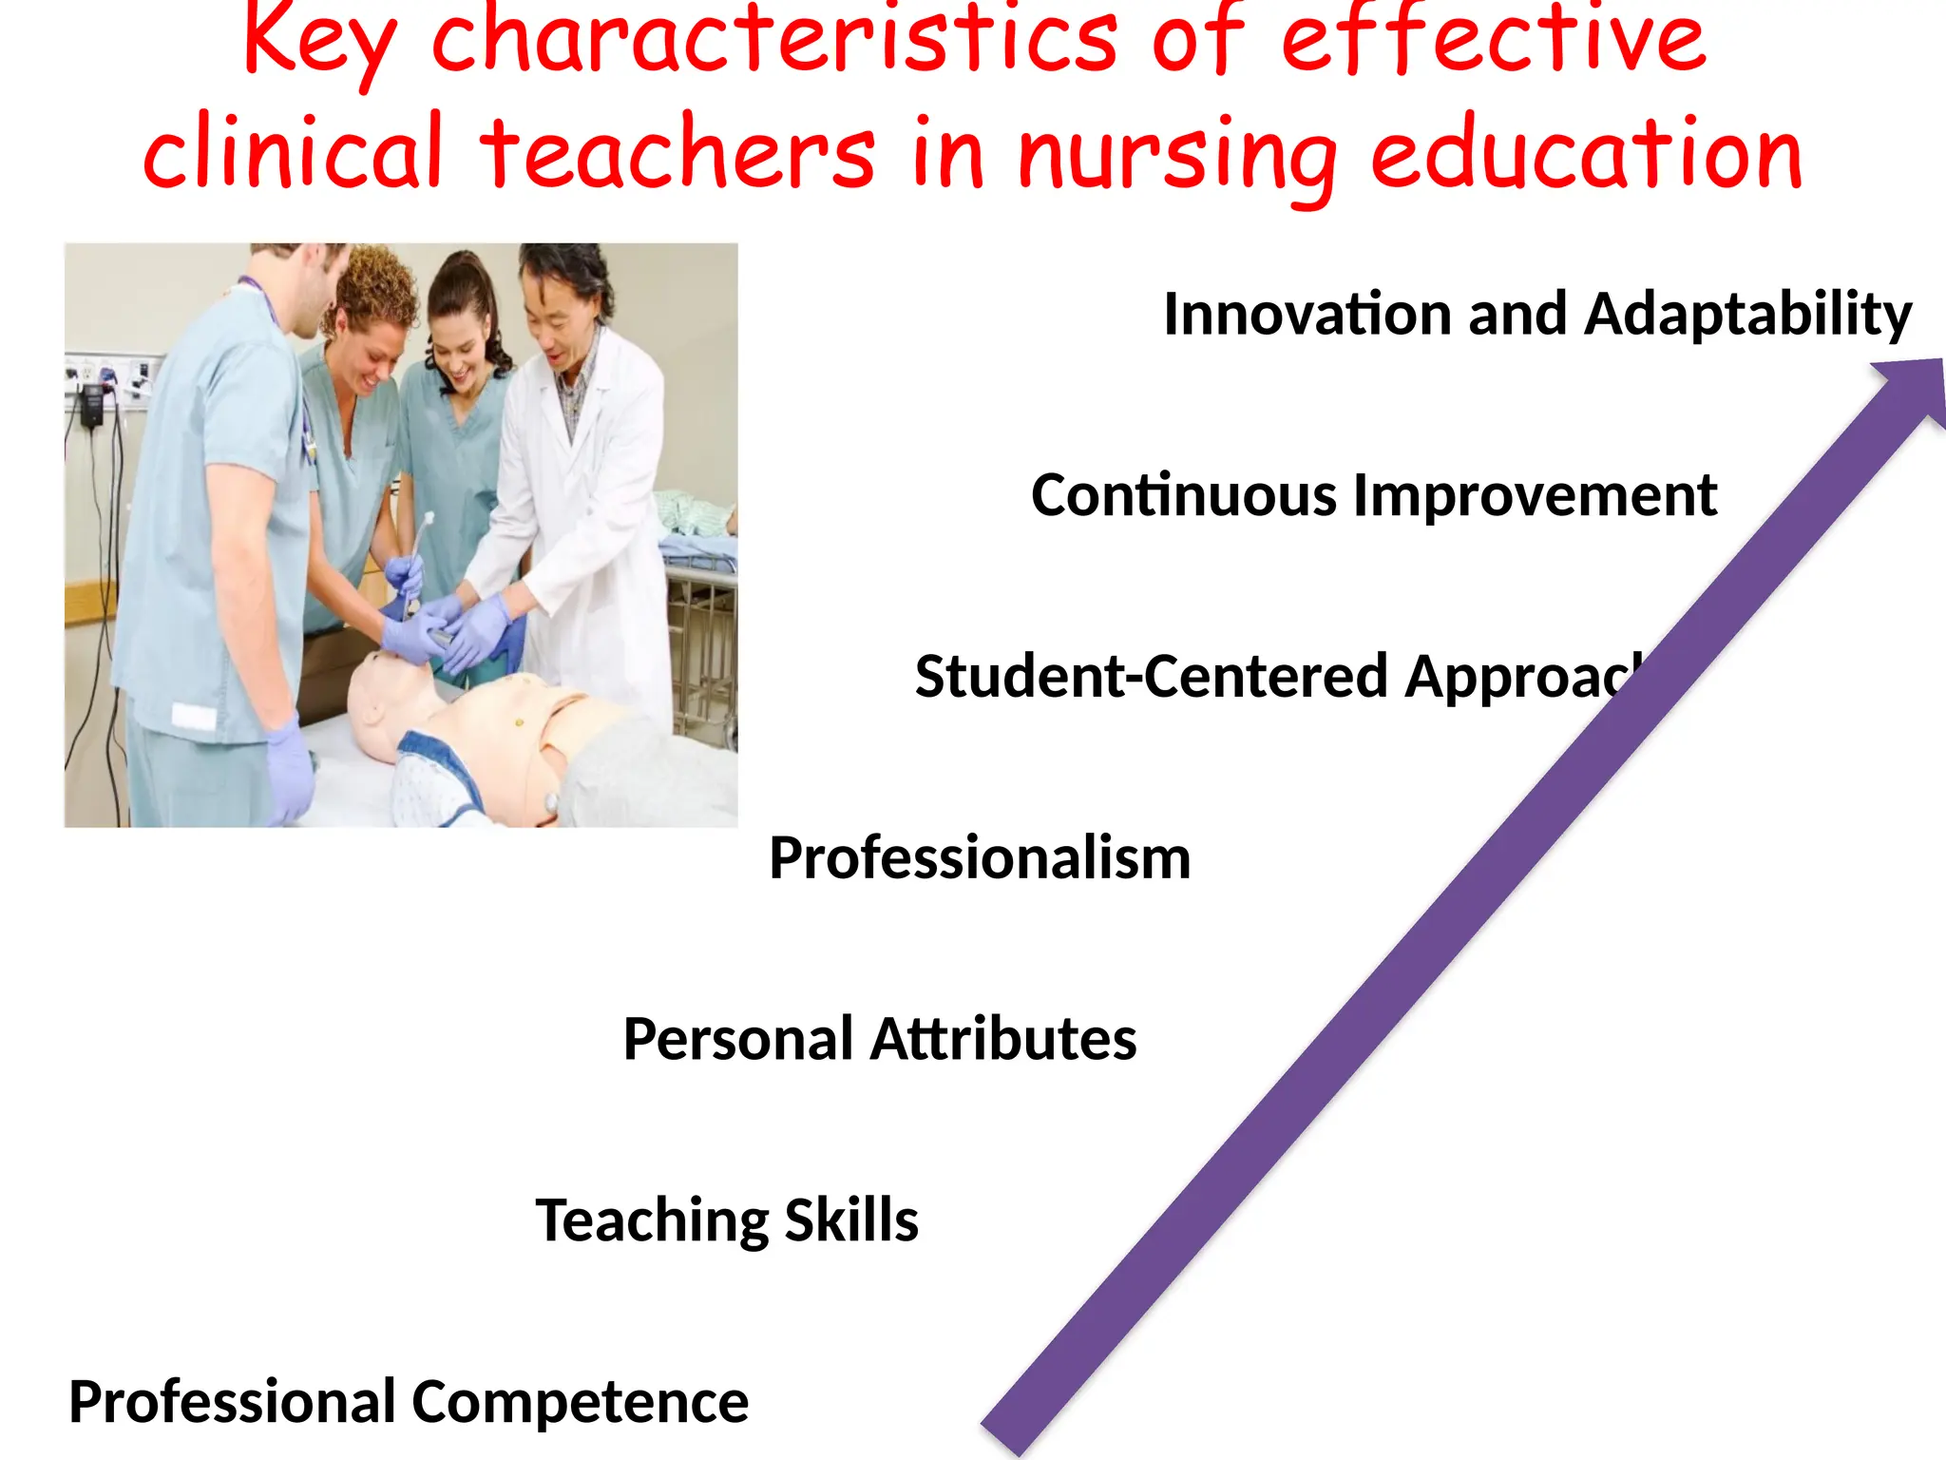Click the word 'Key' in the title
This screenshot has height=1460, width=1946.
(319, 43)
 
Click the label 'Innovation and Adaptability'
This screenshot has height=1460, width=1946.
(1536, 315)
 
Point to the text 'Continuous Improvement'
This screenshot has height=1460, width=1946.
(1373, 496)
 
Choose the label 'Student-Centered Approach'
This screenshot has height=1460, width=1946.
(1278, 677)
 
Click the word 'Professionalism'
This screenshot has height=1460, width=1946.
(979, 858)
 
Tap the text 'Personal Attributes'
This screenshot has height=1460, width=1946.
(879, 1039)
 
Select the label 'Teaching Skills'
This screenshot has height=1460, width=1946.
(727, 1220)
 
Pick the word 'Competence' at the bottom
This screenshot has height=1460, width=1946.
(580, 1402)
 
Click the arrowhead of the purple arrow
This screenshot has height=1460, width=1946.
(1910, 390)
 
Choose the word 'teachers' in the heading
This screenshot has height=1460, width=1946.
(677, 154)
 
